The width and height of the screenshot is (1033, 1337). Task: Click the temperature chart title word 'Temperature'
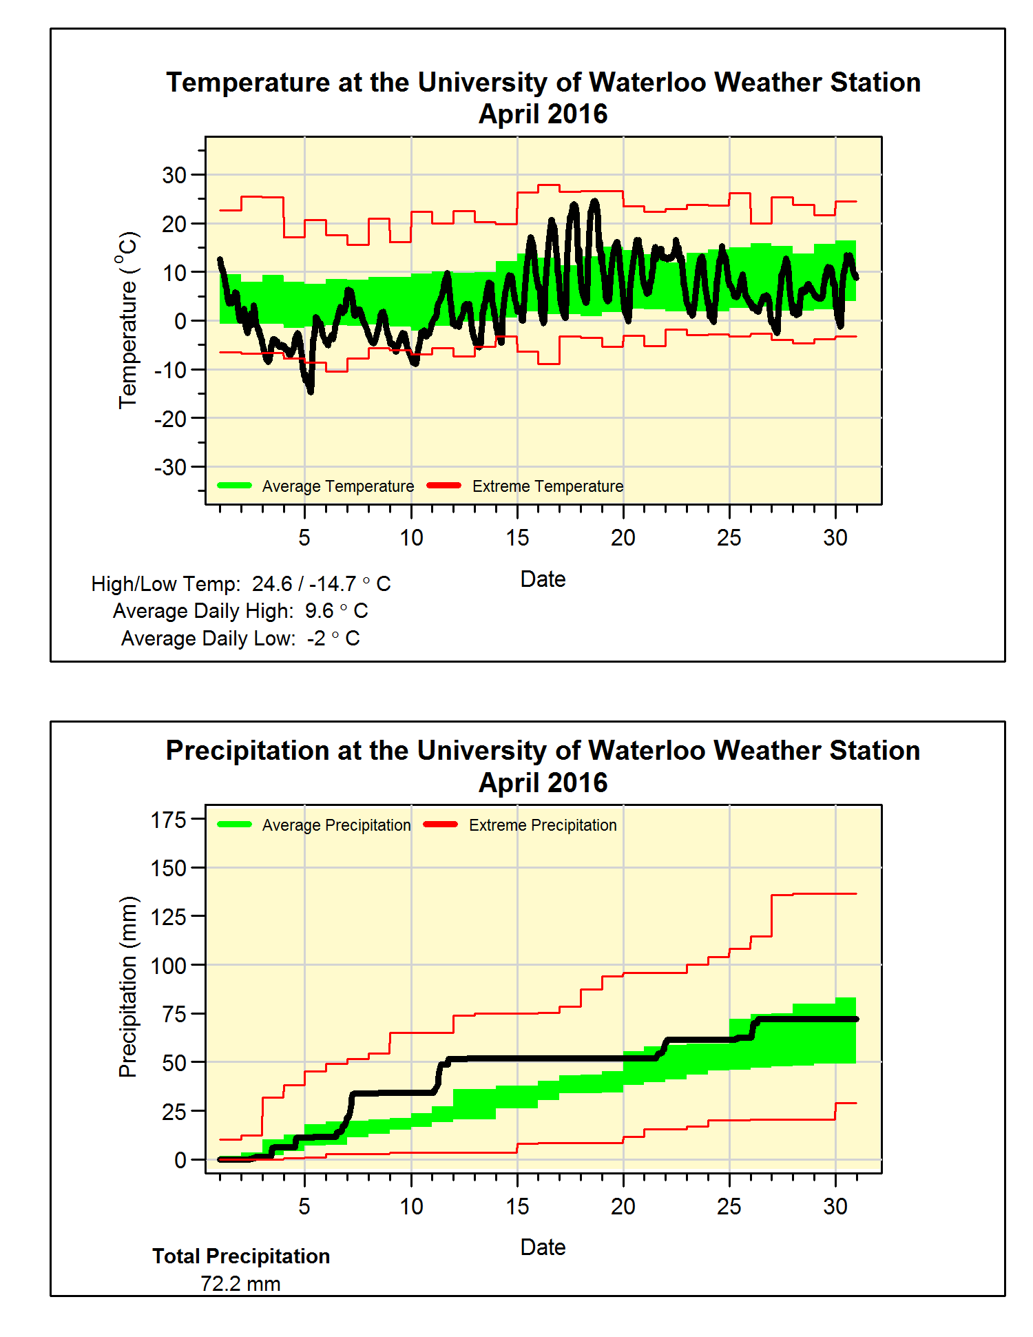pos(248,83)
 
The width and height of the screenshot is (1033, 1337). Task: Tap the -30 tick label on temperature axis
pos(170,468)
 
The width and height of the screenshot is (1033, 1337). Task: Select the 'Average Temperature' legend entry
pos(337,486)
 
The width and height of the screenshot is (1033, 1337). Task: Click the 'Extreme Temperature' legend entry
pos(547,486)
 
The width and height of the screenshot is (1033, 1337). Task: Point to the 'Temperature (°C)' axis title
pos(128,320)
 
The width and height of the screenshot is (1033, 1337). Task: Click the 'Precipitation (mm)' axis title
pos(128,986)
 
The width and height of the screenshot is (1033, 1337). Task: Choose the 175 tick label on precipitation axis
pos(169,820)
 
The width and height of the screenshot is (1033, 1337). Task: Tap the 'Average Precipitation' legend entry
pos(336,825)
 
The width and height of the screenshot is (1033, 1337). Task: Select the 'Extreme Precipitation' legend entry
pos(543,825)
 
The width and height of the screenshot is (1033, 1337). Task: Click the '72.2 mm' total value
pos(240,1284)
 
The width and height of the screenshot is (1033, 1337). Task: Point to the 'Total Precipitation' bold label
pos(241,1256)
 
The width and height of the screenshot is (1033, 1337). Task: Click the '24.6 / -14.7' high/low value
pos(304,584)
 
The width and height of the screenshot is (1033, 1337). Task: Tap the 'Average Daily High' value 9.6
pos(320,611)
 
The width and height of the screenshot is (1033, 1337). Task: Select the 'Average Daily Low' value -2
pos(316,639)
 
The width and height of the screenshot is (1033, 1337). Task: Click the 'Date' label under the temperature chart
pos(543,579)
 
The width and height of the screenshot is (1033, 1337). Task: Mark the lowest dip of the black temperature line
pos(311,391)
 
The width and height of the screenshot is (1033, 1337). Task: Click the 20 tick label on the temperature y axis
pos(174,224)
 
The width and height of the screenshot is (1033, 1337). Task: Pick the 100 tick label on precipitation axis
pos(169,966)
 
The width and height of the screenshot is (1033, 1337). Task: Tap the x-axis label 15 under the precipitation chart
pos(517,1206)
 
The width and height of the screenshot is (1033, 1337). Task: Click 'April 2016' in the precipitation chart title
pos(543,783)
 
